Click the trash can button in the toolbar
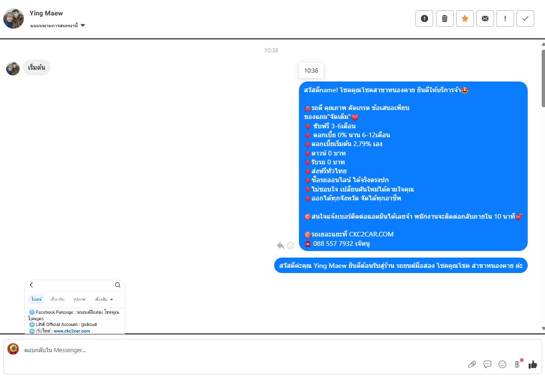[444, 19]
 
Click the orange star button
[465, 19]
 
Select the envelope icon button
[485, 19]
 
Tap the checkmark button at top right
[525, 19]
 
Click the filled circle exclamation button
[424, 19]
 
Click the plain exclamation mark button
[505, 19]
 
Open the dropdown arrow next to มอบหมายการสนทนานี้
[83, 25]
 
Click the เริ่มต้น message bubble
[36, 67]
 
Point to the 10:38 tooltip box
[311, 71]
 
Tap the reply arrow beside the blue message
[280, 245]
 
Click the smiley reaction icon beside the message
[291, 245]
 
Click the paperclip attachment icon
[472, 364]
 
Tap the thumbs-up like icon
[532, 364]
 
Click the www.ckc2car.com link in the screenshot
[72, 331]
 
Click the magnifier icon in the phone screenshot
[117, 285]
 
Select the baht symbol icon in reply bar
[517, 364]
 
